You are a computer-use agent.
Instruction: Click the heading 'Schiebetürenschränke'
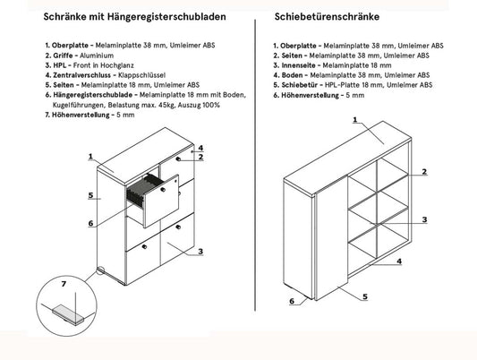tap(327, 16)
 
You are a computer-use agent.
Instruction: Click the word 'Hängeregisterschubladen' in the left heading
tap(166, 16)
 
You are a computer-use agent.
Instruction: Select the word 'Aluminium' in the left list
tap(97, 56)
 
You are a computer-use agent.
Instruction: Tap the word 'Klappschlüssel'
tap(141, 75)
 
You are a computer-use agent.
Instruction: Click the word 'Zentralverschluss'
tap(81, 75)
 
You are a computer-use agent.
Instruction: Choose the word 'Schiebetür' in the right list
tap(299, 85)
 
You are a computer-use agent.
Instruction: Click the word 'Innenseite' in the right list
tap(298, 65)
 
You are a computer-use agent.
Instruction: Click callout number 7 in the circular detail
tap(64, 284)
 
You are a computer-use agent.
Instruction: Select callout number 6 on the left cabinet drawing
tap(90, 223)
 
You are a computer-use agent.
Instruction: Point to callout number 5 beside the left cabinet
tap(90, 194)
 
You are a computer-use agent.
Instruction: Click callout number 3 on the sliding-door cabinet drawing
tap(424, 219)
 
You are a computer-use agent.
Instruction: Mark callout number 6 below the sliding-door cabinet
tap(292, 301)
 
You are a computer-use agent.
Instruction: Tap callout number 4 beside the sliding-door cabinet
tap(399, 261)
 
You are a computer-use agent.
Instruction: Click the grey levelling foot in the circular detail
tap(68, 314)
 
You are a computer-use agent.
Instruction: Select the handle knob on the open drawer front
tap(163, 190)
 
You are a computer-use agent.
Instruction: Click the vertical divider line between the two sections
tap(255, 166)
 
